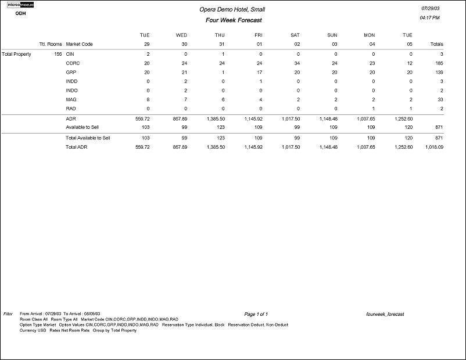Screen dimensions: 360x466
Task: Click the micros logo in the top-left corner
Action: click(20, 5)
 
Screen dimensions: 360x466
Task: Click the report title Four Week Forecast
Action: click(234, 20)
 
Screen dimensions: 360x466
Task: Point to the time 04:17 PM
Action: click(429, 18)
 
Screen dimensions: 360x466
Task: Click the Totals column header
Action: click(435, 44)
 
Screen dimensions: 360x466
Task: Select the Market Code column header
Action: click(79, 44)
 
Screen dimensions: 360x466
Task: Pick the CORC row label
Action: click(73, 63)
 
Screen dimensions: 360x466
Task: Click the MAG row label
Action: click(71, 99)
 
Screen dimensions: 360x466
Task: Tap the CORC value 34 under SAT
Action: click(296, 63)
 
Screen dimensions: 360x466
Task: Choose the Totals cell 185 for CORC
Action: click(438, 63)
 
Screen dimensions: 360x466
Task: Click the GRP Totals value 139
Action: click(438, 72)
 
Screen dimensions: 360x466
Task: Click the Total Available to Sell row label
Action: click(88, 138)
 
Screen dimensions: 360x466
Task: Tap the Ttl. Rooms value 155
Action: click(57, 53)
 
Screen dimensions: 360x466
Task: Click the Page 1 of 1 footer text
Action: click(256, 314)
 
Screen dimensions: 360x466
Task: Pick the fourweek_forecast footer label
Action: click(385, 314)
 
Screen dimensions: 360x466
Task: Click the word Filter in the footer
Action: click(8, 314)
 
